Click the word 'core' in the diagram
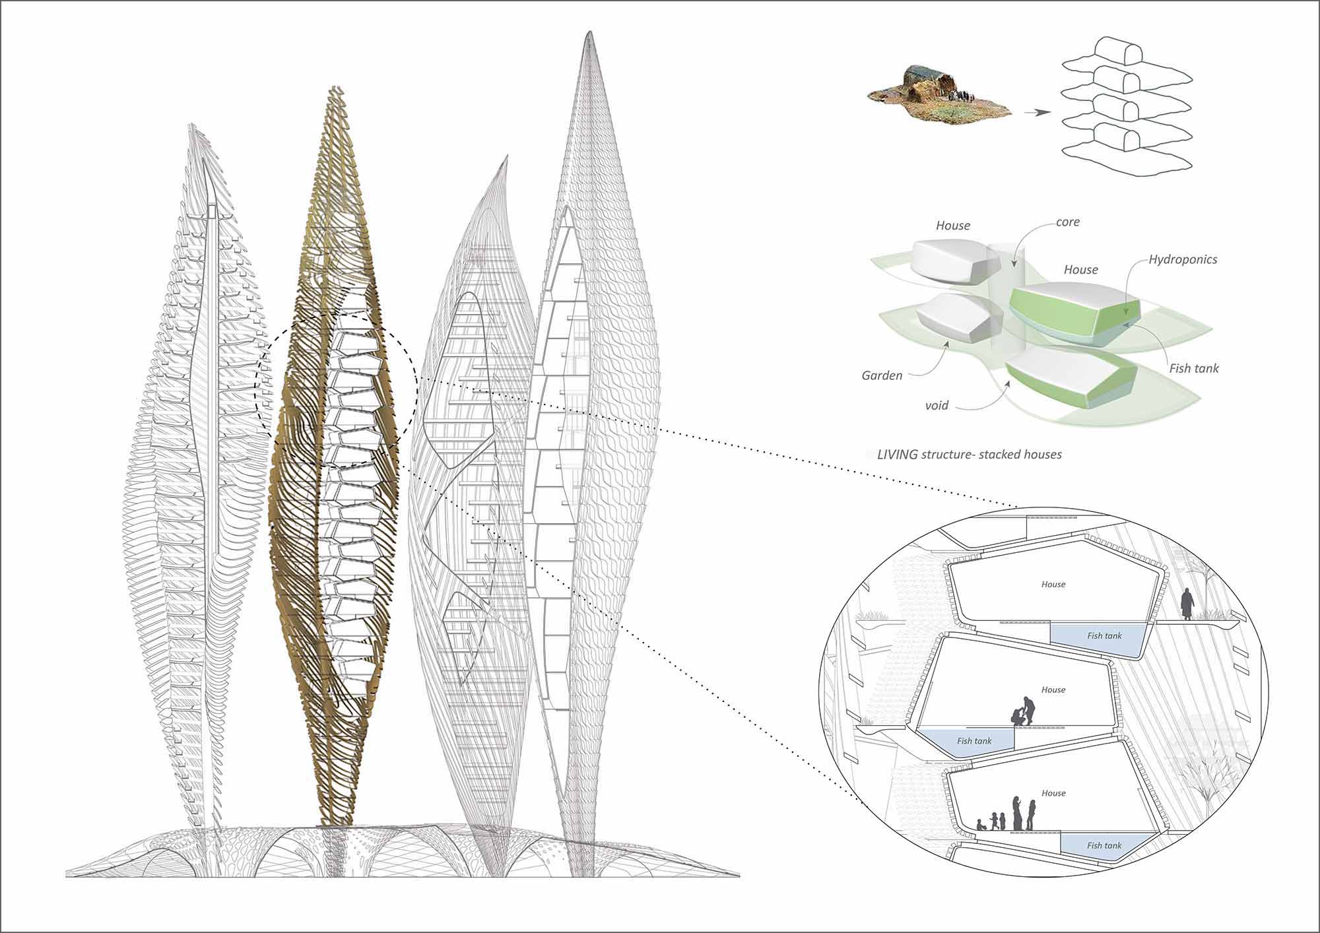pos(1068,222)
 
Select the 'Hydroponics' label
pos(1183,260)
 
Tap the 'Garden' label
pos(882,375)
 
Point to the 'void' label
pos(937,405)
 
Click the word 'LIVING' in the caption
pos(897,455)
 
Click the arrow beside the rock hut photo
pos(1037,113)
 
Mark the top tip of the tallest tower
pos(587,32)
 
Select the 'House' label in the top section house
pos(1053,584)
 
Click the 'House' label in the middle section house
pos(1053,690)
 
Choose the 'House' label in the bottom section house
pos(1053,793)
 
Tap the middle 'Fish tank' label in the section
pos(974,741)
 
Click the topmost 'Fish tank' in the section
pos(1104,636)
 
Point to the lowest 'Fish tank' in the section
pos(1104,845)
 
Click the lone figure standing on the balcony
pos(1187,604)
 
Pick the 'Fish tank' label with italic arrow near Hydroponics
pos(1194,368)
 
